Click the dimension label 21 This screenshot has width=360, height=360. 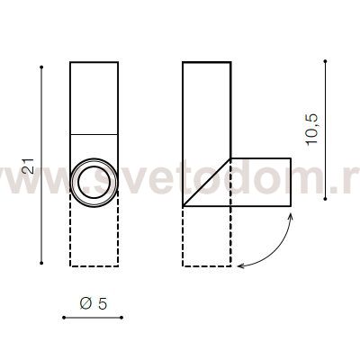[x=29, y=166]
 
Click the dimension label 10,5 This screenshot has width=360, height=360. [x=312, y=130]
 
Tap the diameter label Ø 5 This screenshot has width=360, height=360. [x=94, y=304]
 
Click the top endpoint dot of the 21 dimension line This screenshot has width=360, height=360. [x=41, y=67]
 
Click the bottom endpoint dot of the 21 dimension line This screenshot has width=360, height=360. [x=41, y=263]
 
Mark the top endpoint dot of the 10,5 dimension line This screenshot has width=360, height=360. [x=326, y=61]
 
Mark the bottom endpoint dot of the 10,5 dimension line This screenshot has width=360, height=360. [x=326, y=199]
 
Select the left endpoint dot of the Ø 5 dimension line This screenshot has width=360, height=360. [x=64, y=318]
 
